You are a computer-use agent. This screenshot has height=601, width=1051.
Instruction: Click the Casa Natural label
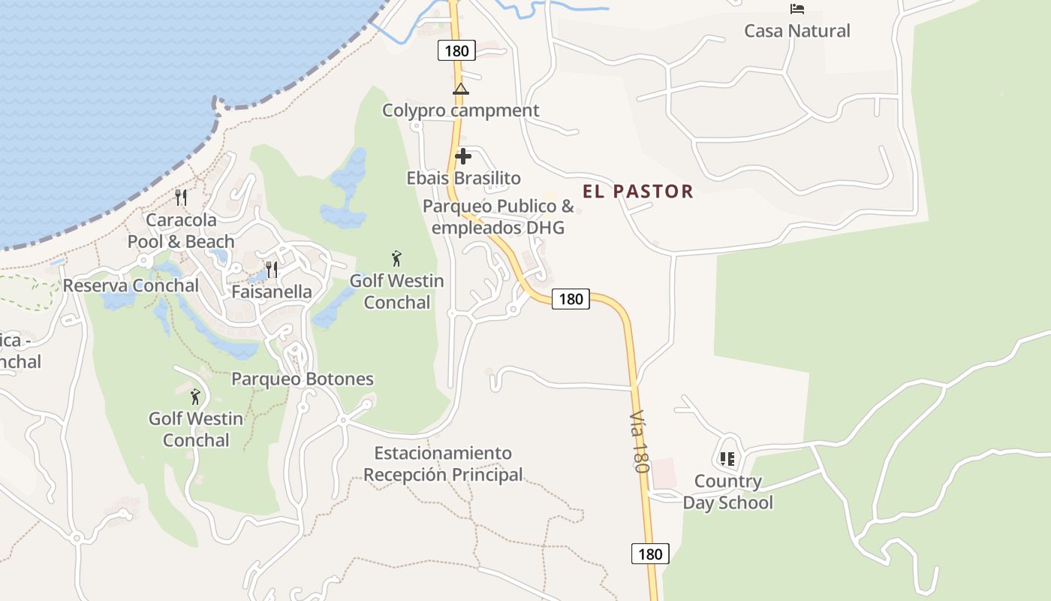click(797, 31)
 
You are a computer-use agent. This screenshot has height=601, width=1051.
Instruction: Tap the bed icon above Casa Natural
click(797, 9)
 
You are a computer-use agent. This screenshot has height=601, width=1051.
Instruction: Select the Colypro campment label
click(460, 110)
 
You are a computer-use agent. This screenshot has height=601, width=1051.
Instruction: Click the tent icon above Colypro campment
click(460, 89)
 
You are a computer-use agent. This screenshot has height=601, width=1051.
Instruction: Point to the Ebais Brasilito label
click(463, 178)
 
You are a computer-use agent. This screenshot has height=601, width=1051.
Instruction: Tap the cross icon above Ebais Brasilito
click(463, 156)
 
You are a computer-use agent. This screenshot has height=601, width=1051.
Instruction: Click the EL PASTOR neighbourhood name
click(637, 191)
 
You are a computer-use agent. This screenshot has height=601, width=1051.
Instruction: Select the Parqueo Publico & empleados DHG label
click(498, 216)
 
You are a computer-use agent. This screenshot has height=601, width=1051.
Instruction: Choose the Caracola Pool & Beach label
click(181, 231)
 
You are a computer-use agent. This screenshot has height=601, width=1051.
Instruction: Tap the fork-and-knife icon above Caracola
click(181, 198)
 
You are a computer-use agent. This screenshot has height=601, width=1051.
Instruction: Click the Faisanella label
click(271, 291)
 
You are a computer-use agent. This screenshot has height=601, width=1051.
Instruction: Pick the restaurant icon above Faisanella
click(272, 269)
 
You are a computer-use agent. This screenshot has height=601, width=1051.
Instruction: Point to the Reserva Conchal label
click(131, 285)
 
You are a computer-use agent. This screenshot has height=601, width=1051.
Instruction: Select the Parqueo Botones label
click(302, 379)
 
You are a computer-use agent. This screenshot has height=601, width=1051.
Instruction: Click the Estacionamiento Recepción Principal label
click(443, 464)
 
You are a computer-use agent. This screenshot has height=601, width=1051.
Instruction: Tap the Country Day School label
click(727, 492)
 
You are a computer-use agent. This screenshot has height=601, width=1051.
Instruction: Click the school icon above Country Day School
click(727, 458)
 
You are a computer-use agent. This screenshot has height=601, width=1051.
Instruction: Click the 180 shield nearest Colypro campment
click(456, 51)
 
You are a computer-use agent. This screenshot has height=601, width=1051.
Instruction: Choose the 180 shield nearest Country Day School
click(649, 554)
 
